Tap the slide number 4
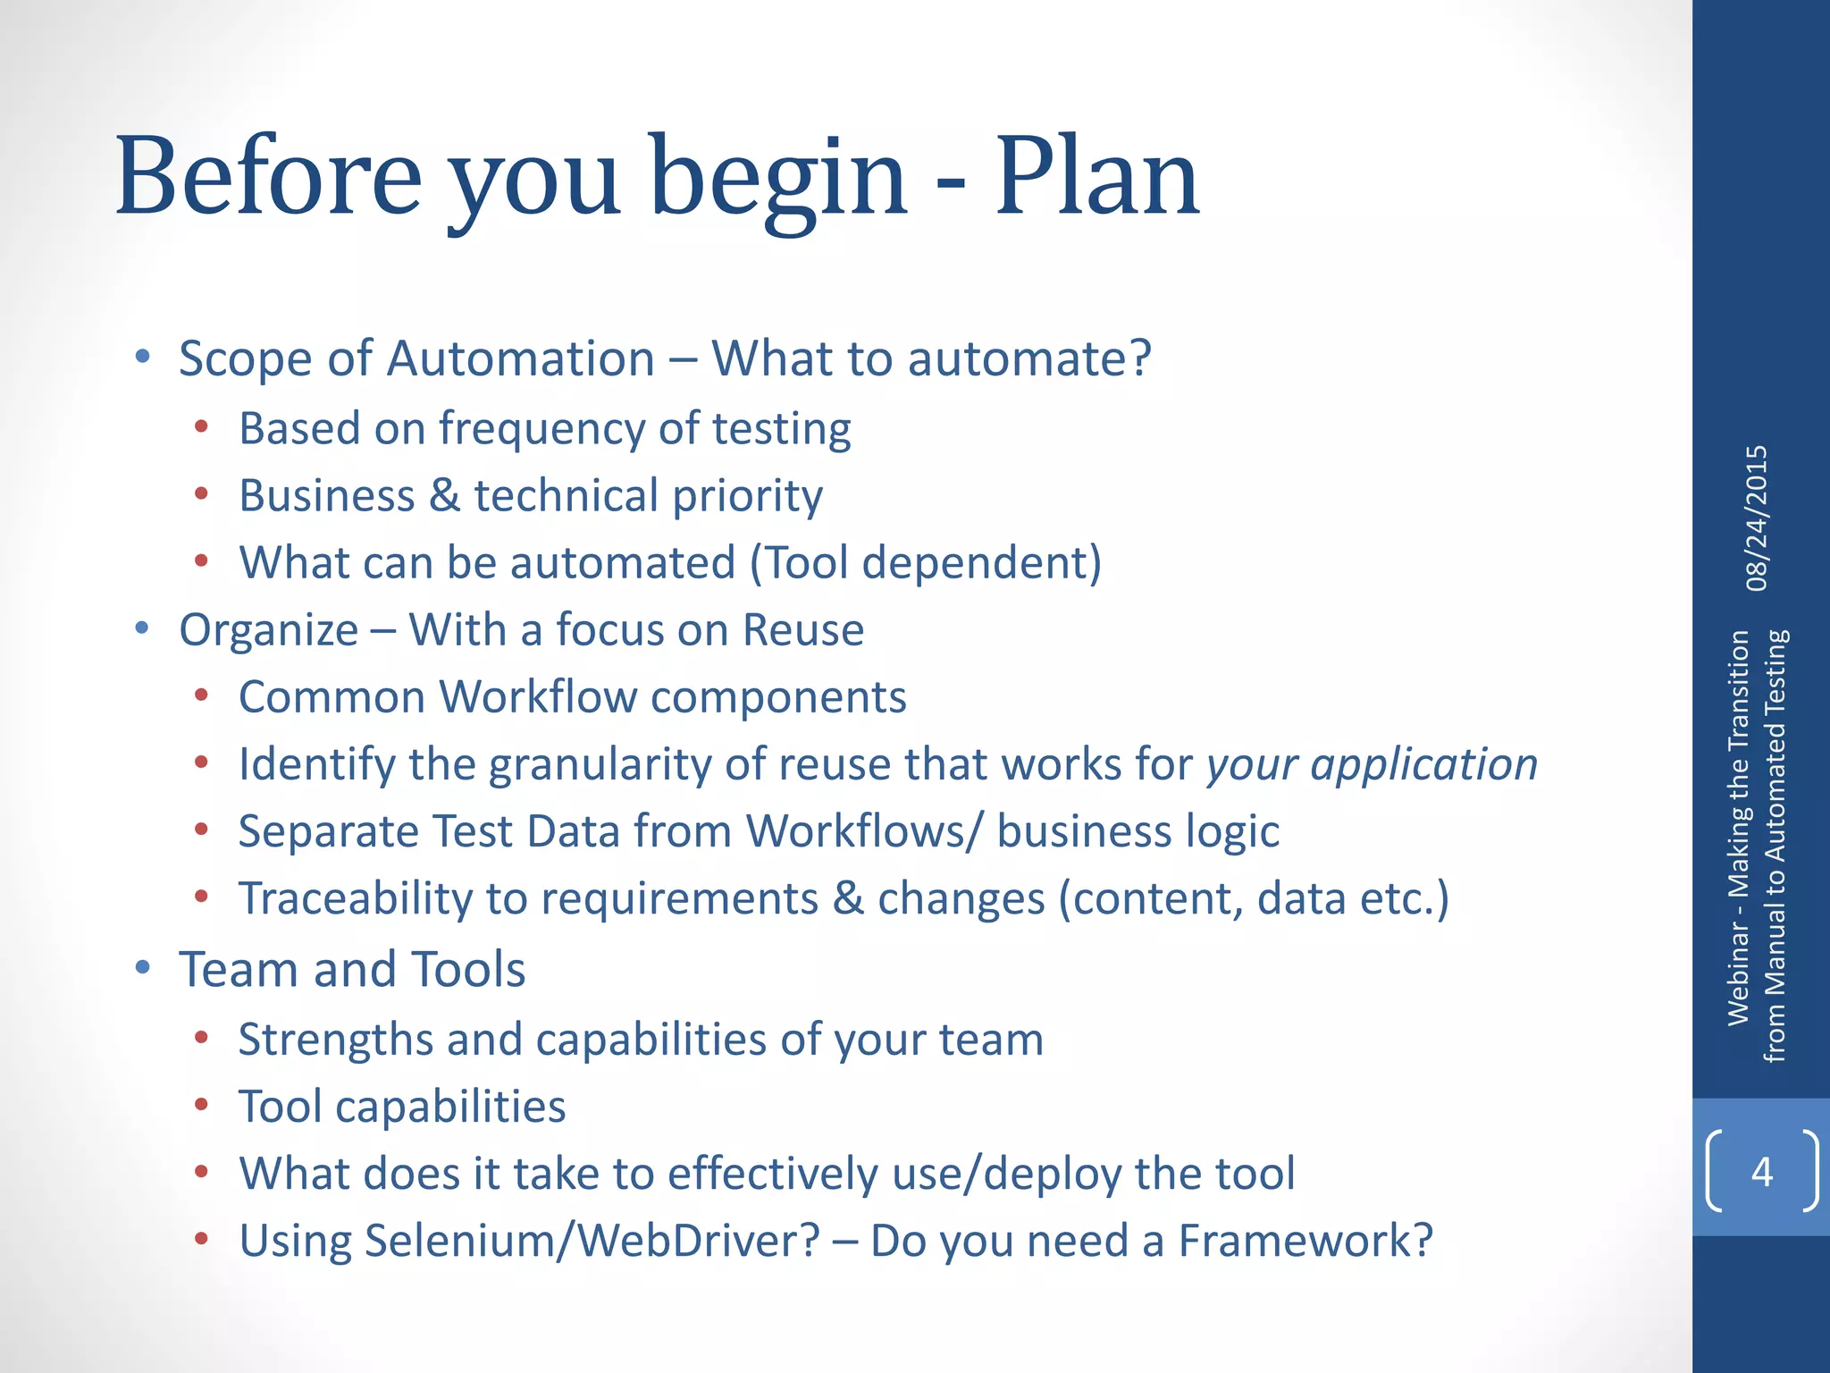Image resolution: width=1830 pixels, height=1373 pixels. (1761, 1171)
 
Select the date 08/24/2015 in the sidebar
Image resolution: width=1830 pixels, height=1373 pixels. (1757, 518)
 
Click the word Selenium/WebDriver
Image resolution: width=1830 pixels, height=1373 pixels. (592, 1241)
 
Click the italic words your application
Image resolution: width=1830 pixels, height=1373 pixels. (1372, 765)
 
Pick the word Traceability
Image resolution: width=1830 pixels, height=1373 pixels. (355, 899)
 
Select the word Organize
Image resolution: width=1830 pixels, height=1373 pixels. (268, 630)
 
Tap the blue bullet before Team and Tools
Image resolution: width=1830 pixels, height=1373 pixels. (142, 967)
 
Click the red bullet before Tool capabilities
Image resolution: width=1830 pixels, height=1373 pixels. (202, 1106)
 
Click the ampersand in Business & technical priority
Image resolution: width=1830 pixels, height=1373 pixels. (444, 496)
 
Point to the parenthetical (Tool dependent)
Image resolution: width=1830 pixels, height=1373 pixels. (926, 563)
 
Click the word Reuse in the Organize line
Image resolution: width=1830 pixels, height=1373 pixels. (803, 630)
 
